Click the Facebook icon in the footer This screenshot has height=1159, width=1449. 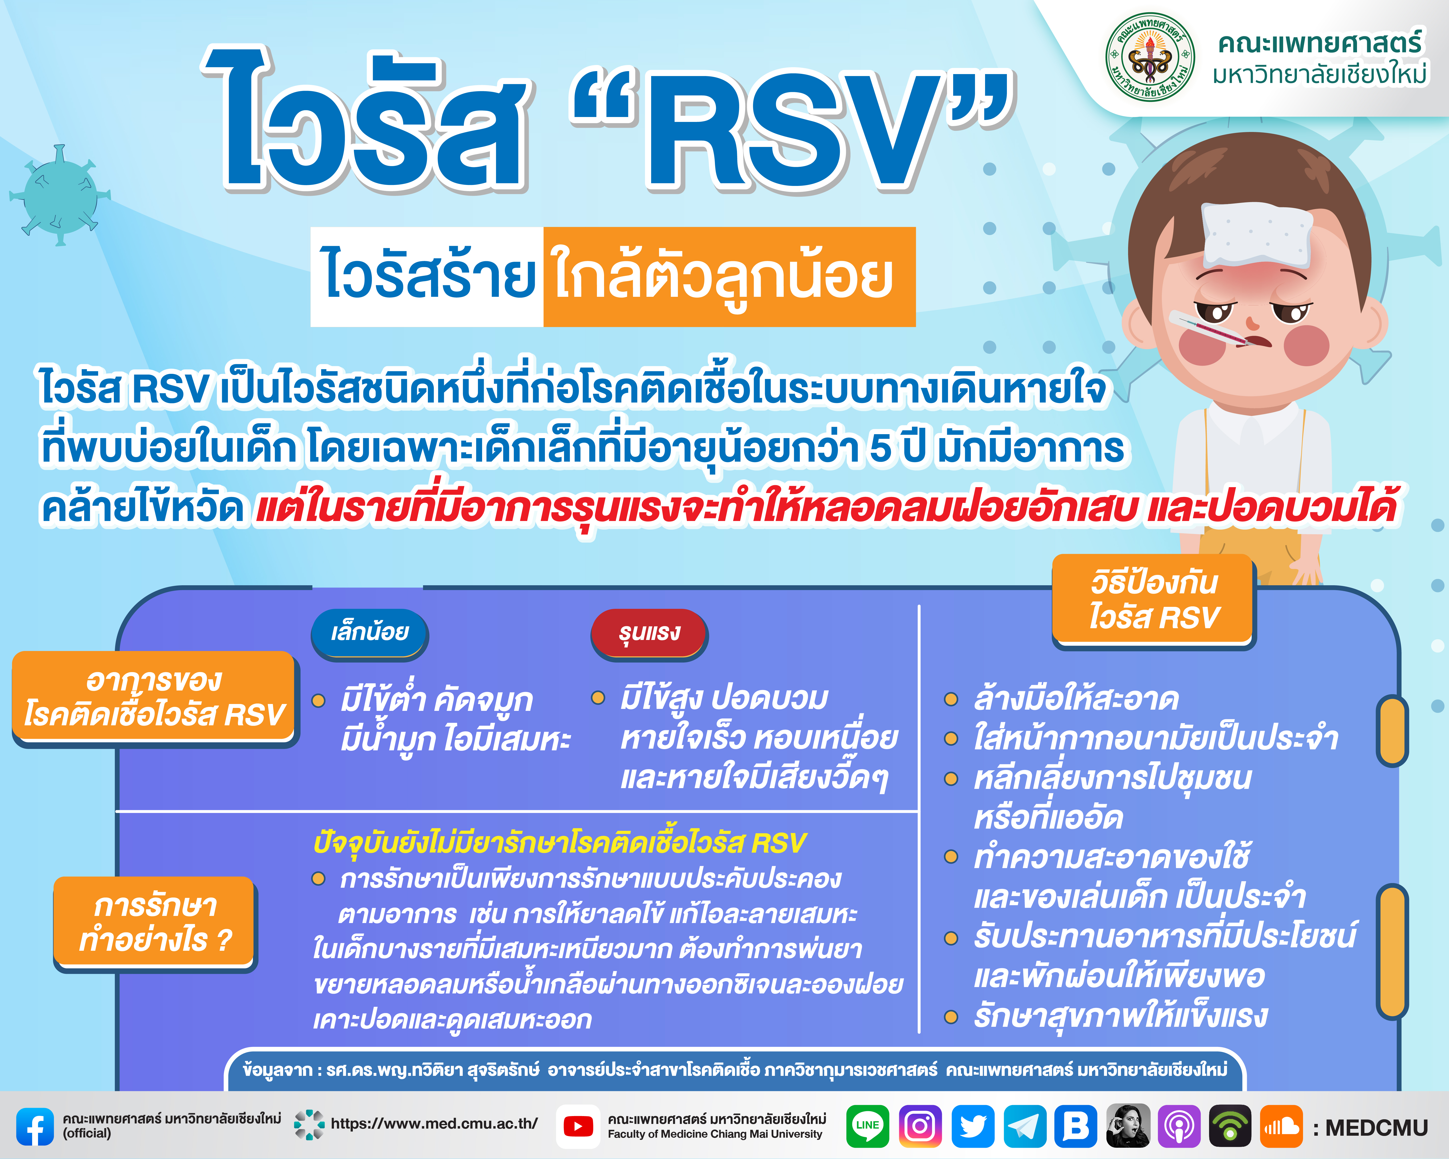click(x=35, y=1127)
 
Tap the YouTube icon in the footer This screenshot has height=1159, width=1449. click(x=578, y=1127)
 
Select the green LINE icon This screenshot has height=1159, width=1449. click(x=867, y=1125)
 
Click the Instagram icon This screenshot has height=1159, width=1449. click(x=920, y=1125)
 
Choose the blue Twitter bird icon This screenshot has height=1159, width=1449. click(x=973, y=1125)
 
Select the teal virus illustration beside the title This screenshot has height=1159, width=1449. click(x=59, y=195)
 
